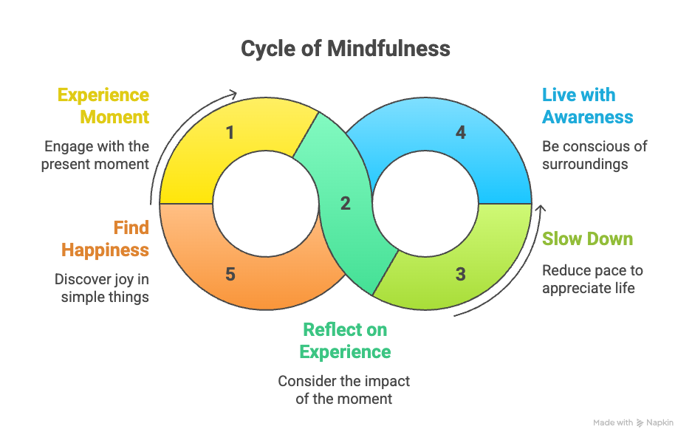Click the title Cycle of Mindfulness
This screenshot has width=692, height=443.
[346, 49]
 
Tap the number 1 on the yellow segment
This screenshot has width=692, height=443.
[230, 133]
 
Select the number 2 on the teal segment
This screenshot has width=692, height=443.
[345, 204]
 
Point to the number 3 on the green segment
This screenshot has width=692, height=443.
[460, 275]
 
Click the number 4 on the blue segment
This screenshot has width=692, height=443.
[460, 133]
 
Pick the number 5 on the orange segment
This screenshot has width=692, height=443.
[230, 275]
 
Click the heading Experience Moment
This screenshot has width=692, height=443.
[103, 106]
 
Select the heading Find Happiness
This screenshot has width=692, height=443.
[106, 238]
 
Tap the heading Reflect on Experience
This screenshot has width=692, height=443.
[345, 340]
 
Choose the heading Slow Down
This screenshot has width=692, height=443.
[587, 238]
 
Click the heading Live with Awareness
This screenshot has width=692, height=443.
[587, 106]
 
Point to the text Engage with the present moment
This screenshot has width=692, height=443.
[95, 155]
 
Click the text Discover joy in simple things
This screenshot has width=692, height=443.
[102, 288]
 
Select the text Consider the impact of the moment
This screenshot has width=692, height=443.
[344, 390]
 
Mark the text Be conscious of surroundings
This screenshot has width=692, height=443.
[595, 155]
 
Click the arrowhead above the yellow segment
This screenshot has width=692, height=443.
[233, 94]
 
